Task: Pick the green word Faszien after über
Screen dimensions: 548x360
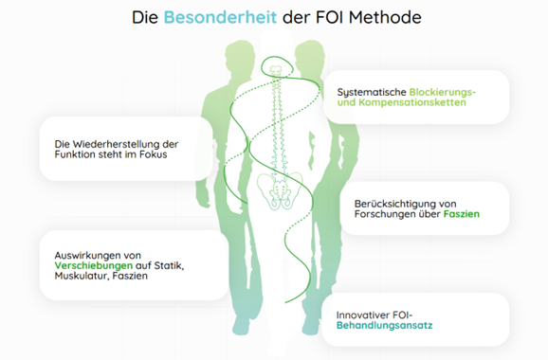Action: coord(462,215)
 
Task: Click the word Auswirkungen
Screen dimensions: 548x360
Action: coord(85,253)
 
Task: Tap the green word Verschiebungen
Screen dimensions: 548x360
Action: coord(92,265)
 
